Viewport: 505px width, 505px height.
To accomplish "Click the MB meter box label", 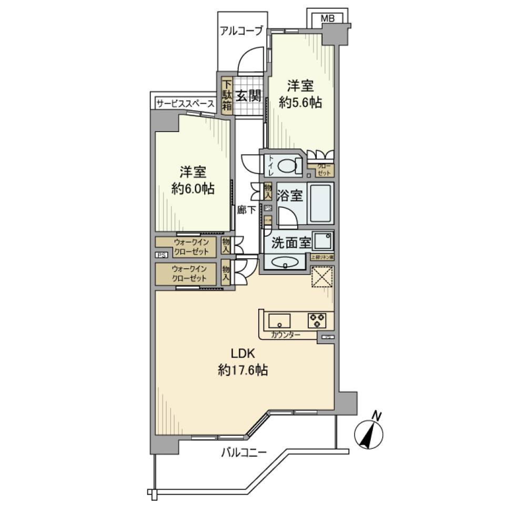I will tap(327, 18).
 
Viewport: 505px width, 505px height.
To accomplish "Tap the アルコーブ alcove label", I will tap(241, 31).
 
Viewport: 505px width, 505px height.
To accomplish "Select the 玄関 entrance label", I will tap(248, 96).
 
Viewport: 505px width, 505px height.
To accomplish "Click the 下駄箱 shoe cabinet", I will tap(227, 96).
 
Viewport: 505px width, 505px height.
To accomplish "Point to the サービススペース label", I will tap(185, 104).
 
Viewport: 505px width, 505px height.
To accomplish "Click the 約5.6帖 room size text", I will tap(300, 103).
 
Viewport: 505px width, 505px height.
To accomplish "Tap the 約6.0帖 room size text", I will tap(193, 189).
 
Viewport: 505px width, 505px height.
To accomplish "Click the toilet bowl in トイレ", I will tap(287, 166).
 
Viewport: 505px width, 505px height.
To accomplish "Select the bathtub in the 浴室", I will tap(320, 204).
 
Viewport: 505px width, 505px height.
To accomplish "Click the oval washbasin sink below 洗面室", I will tap(285, 262).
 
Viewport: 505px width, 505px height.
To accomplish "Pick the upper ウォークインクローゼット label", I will tap(192, 247).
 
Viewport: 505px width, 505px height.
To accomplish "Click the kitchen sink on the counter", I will tap(280, 320).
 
